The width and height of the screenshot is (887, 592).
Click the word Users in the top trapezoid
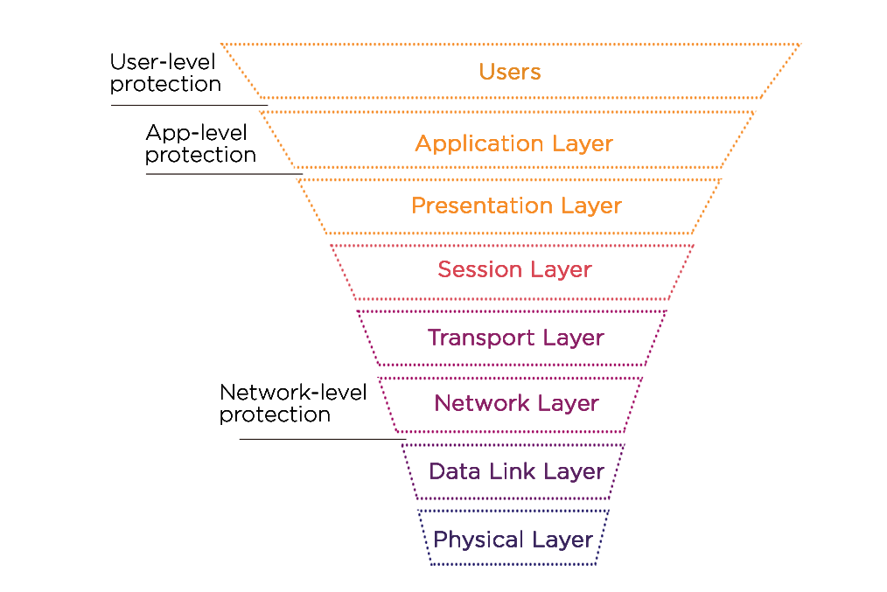pyautogui.click(x=510, y=72)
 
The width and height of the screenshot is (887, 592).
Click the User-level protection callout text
pyautogui.click(x=164, y=73)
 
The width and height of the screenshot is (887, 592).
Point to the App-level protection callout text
pyautogui.click(x=200, y=143)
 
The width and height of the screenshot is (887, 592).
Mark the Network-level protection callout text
pyautogui.click(x=292, y=403)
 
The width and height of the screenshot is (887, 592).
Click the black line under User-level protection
pyautogui.click(x=189, y=106)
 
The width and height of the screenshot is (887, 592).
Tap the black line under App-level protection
pyautogui.click(x=223, y=173)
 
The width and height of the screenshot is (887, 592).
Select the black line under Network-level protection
pyautogui.click(x=322, y=438)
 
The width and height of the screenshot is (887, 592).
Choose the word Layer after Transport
pyautogui.click(x=573, y=338)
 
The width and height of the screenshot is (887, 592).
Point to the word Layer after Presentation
pyautogui.click(x=590, y=206)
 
